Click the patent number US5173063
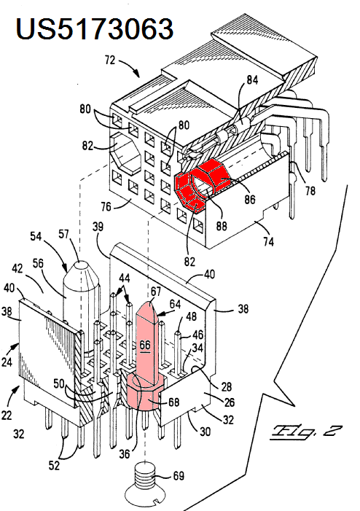[94, 28]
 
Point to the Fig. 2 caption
[305, 432]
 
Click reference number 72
[110, 60]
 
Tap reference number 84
[252, 79]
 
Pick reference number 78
[310, 190]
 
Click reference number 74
[268, 241]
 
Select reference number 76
[106, 206]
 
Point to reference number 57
[64, 234]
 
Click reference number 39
[98, 227]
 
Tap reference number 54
[36, 236]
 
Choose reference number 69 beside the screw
[179, 475]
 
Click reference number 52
[54, 465]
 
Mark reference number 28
[226, 386]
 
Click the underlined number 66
[145, 346]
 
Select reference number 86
[250, 199]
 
